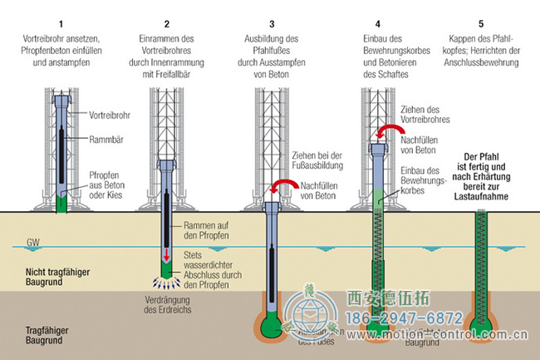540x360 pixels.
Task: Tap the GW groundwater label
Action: point(33,244)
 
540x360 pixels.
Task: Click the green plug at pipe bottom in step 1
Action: point(59,203)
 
